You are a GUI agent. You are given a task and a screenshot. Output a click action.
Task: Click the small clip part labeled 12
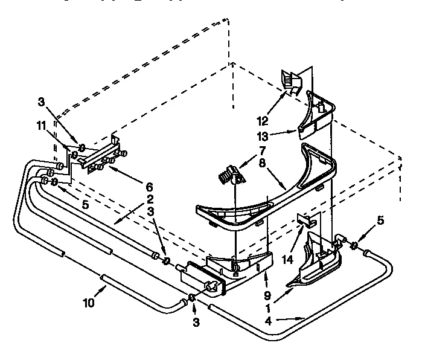click(291, 82)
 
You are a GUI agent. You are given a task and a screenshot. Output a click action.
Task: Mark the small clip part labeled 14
click(303, 220)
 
